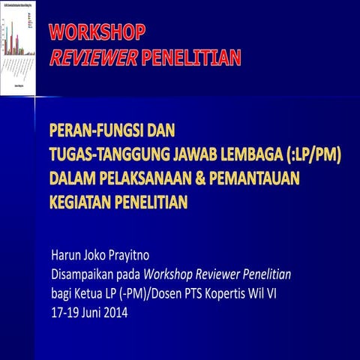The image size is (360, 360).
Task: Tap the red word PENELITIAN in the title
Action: pos(198,57)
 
